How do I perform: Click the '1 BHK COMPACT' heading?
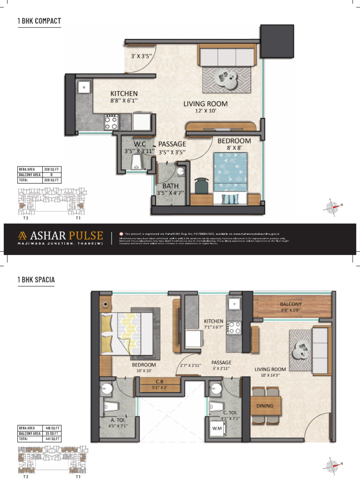pos(39,21)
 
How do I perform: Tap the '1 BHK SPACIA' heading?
pos(36,280)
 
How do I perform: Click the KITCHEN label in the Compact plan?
pos(124,93)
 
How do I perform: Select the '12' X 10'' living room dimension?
pos(205,111)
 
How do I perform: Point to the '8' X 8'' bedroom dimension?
pos(234,148)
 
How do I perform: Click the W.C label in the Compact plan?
pos(140,144)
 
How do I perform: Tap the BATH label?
pos(171,186)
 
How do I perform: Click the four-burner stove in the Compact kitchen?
pos(111,122)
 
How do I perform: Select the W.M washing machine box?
pos(216,428)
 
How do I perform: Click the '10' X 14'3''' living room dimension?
pos(270,375)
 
